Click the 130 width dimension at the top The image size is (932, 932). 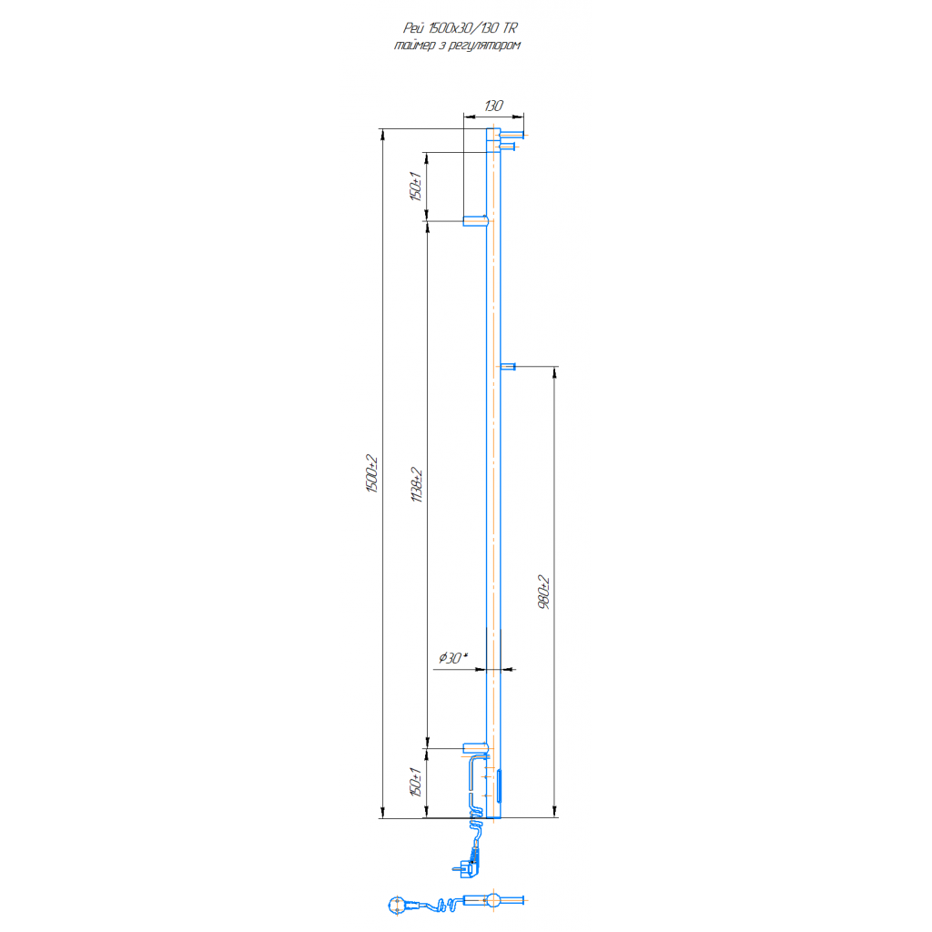493,106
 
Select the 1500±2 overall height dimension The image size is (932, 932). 371,473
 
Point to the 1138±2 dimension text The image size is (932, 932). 417,484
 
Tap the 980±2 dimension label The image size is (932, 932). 543,592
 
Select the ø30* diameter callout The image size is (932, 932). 453,657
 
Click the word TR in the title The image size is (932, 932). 510,28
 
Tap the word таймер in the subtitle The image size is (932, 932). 414,46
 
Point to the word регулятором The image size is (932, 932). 484,46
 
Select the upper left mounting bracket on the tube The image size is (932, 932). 475,221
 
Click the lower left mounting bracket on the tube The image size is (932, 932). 475,748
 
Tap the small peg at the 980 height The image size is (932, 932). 508,367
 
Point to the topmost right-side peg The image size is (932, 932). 512,135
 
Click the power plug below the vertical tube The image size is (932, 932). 467,868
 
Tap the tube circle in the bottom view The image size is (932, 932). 492,900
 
